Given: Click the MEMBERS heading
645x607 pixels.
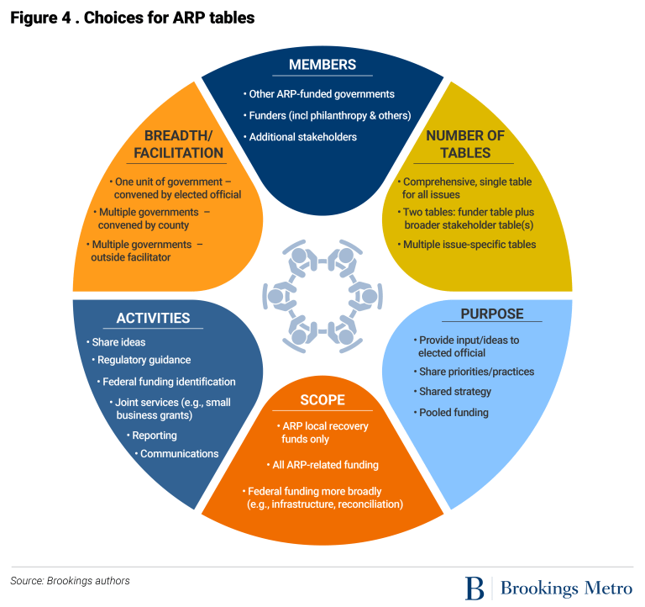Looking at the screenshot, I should click(322, 65).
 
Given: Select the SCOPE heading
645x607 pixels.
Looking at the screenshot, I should click(322, 400).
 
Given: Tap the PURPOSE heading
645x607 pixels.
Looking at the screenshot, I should click(491, 314).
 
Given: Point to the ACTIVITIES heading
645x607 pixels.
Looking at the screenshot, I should click(153, 318).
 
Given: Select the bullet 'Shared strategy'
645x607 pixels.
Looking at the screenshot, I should click(455, 392).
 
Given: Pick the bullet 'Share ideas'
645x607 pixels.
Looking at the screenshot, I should click(116, 342).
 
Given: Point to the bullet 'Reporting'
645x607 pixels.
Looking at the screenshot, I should click(154, 435).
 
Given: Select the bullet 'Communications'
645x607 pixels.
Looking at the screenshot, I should click(179, 454).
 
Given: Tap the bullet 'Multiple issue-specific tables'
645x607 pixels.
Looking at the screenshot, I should click(469, 245).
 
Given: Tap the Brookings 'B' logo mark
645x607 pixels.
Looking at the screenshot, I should click(475, 587).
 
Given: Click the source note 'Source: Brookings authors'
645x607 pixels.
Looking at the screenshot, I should click(70, 580).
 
